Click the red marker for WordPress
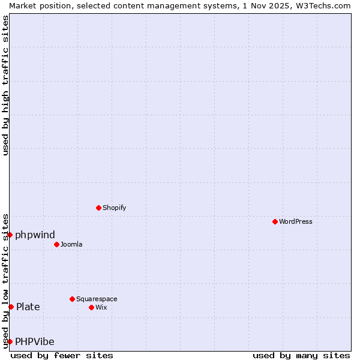pos(275,221)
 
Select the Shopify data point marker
pos(98,208)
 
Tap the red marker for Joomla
pos(56,244)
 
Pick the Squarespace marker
pos(72,299)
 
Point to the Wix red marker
pos(91,307)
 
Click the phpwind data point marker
pos(10,235)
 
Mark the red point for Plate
pos(11,307)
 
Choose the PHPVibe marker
pos(10,341)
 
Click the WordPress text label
pos(296,221)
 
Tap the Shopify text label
pos(114,208)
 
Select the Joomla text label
pos(71,244)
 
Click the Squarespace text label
pos(97,299)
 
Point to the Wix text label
pos(101,307)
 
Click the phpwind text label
pos(35,235)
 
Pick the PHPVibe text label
pos(35,341)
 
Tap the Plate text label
pos(28,307)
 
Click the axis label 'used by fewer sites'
pos(62,355)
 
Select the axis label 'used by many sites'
pos(301,355)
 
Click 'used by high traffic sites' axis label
pos(5,85)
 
